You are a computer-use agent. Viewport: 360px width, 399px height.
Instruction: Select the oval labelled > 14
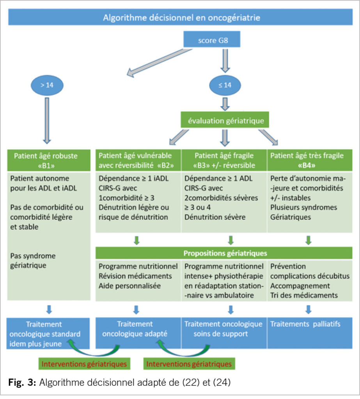(46, 85)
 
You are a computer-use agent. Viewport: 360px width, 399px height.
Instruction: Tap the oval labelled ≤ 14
(225, 85)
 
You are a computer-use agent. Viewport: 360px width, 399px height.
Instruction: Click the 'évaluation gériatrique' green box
(225, 121)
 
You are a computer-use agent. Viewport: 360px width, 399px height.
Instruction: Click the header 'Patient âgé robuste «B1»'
(46, 161)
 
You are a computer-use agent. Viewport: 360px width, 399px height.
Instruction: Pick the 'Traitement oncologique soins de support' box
(223, 329)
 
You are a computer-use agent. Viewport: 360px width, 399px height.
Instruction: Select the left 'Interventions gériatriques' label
(84, 364)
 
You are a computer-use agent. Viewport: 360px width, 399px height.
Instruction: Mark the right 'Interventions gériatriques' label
(188, 364)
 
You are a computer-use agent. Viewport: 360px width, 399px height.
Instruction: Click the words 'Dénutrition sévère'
(215, 217)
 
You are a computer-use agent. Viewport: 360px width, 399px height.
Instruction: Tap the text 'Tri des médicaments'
(304, 295)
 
